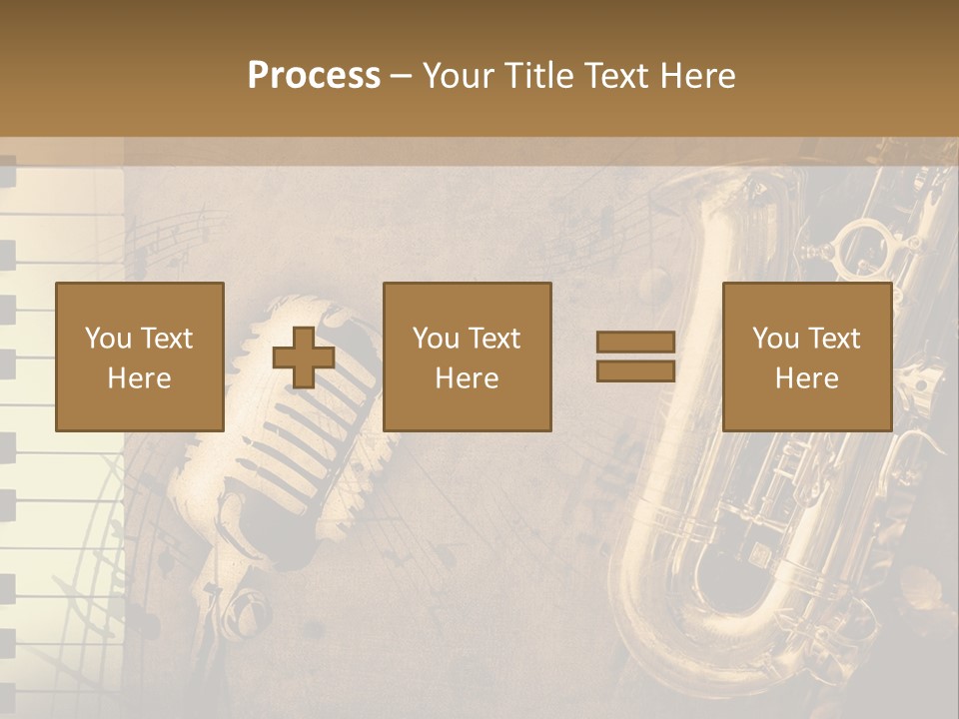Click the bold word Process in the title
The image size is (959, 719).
tap(314, 76)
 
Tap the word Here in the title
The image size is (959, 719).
tap(696, 76)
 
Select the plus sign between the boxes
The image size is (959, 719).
tap(304, 358)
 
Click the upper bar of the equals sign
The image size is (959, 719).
tap(635, 343)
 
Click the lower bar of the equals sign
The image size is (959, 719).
tap(635, 371)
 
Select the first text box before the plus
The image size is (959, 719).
tap(140, 358)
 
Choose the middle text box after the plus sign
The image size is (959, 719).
tap(468, 358)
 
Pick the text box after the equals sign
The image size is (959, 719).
tap(807, 358)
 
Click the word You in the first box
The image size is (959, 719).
tap(108, 339)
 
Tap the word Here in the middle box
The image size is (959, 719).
tap(468, 378)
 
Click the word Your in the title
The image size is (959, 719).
tap(461, 76)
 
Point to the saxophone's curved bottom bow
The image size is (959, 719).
tap(699, 619)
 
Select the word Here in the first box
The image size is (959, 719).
tap(140, 378)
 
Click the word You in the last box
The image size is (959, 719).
tap(775, 339)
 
